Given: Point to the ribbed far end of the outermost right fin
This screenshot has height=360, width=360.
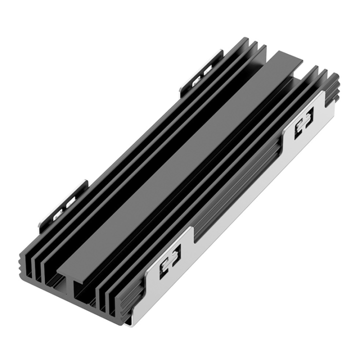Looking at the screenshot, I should [333, 87].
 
